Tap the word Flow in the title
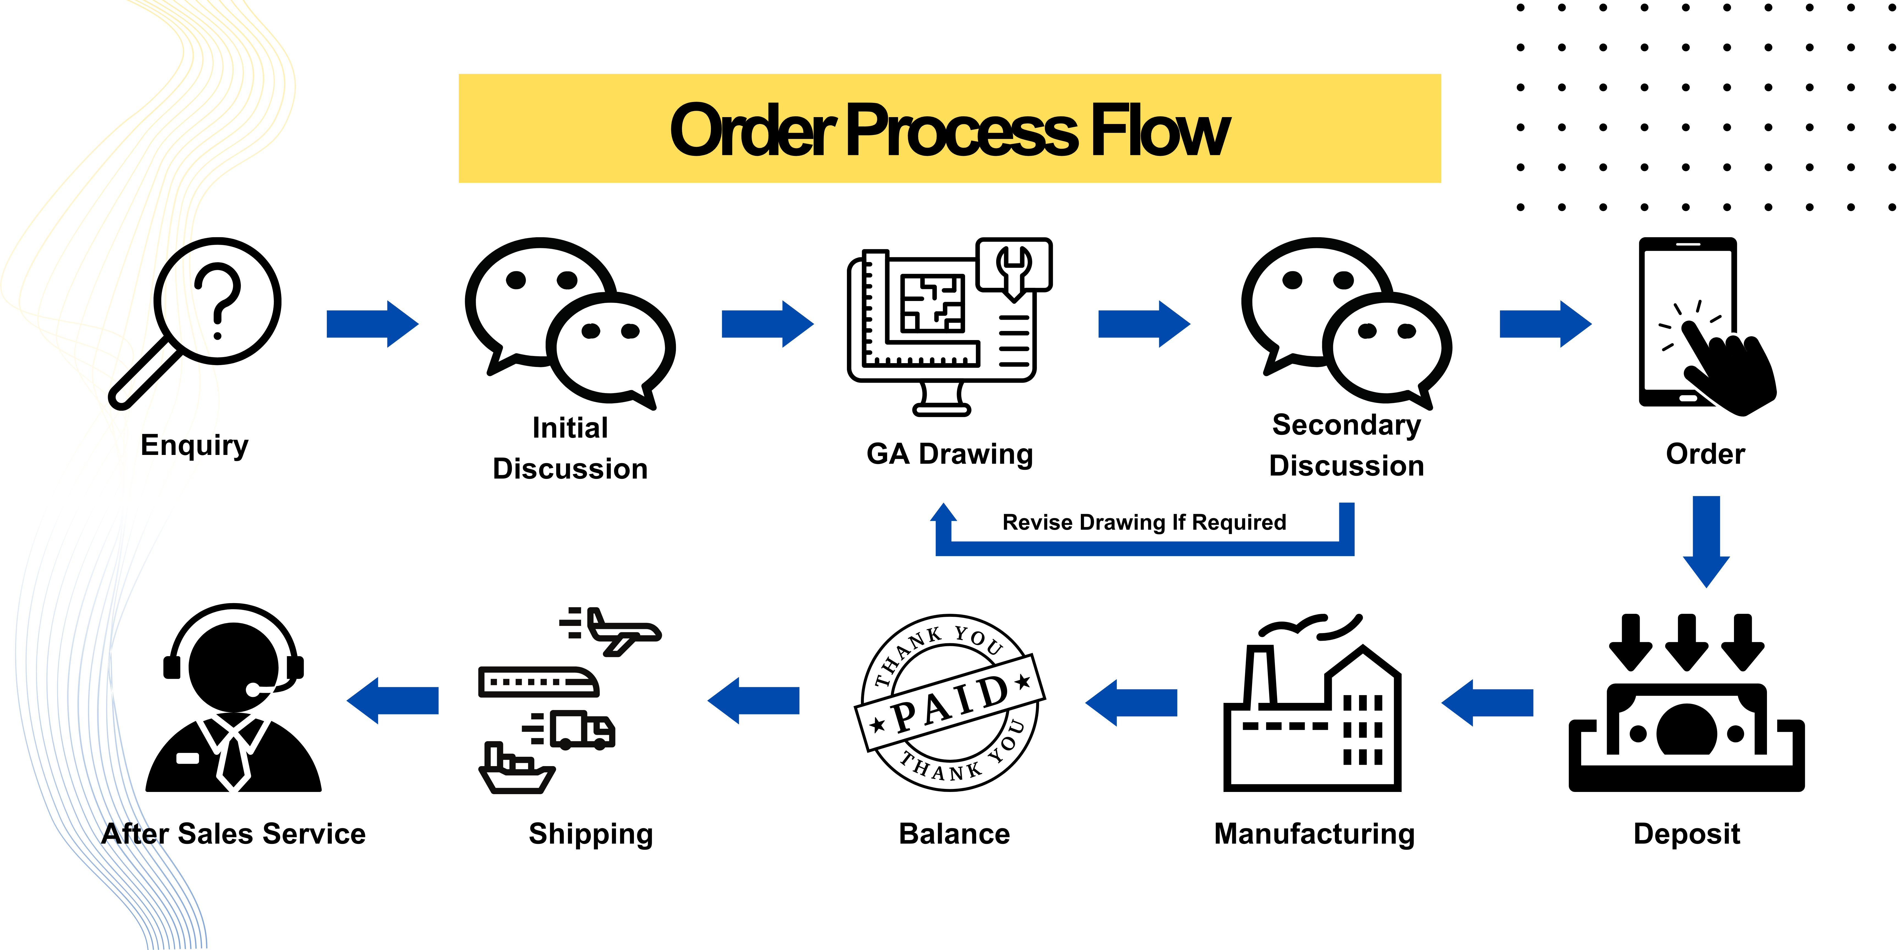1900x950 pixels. [1159, 131]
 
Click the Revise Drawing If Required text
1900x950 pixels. [1143, 522]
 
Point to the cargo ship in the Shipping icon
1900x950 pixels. [516, 771]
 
